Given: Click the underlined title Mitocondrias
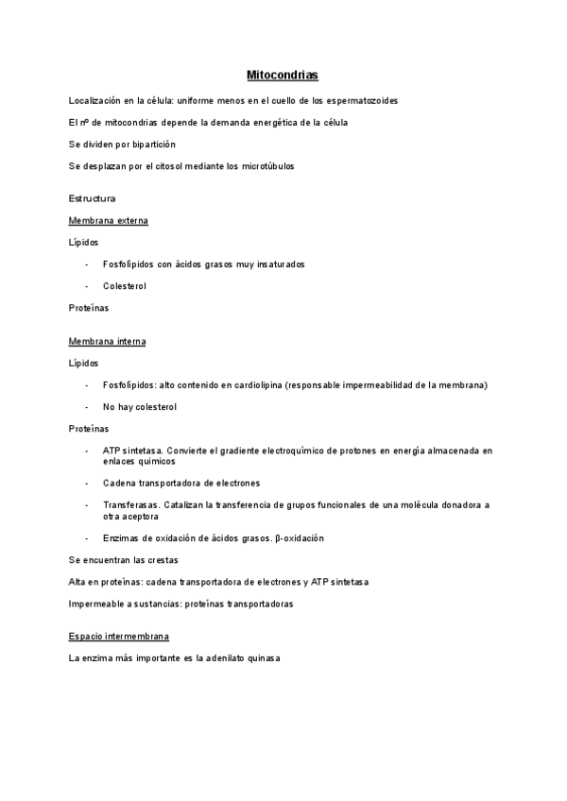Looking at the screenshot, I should point(282,74).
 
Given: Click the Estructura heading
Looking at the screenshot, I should point(93,198).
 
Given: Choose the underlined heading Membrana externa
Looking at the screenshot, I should point(108,220).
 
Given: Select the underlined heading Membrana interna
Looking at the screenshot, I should point(107,340).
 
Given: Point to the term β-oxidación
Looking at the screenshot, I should point(299,538).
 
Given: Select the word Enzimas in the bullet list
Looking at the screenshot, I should point(122,538).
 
